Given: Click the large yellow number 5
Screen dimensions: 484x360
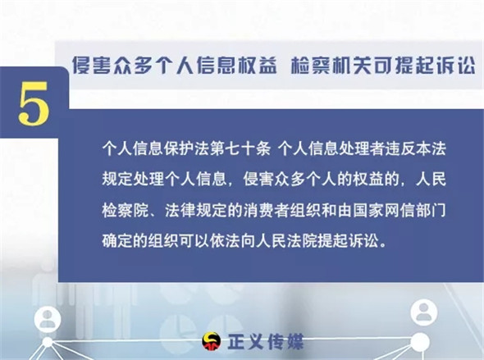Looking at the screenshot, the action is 34,103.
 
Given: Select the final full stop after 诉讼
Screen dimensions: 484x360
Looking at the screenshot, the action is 383,245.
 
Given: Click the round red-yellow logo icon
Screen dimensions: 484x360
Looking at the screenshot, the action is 212,342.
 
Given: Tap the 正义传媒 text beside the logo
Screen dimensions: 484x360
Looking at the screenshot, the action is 266,342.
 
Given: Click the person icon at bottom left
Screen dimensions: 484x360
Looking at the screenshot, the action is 48,319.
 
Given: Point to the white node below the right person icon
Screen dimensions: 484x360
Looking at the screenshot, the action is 420,342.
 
